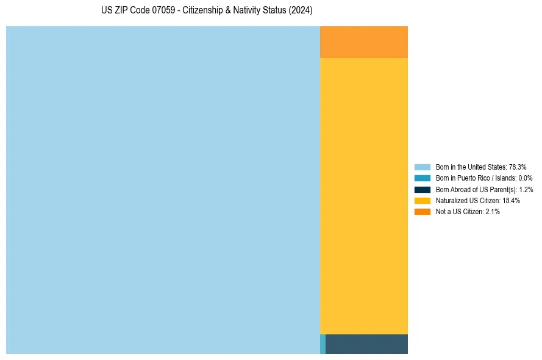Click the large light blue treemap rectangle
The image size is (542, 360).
pyautogui.click(x=163, y=190)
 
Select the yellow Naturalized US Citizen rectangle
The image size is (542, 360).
pyautogui.click(x=364, y=196)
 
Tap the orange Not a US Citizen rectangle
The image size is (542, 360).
pyautogui.click(x=364, y=42)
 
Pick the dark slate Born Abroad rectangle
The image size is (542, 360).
pyautogui.click(x=366, y=344)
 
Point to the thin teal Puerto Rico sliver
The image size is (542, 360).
pyautogui.click(x=323, y=344)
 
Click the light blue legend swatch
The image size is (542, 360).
pyautogui.click(x=423, y=167)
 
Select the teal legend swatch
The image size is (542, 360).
pyautogui.click(x=423, y=178)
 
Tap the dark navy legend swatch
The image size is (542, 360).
pyautogui.click(x=423, y=189)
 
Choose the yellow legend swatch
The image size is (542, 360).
pyautogui.click(x=423, y=201)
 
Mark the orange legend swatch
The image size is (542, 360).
pyautogui.click(x=423, y=212)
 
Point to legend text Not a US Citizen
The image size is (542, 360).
pyautogui.click(x=459, y=212)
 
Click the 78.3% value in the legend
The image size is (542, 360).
pyautogui.click(x=518, y=167)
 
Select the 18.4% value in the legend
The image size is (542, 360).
pyautogui.click(x=512, y=201)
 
